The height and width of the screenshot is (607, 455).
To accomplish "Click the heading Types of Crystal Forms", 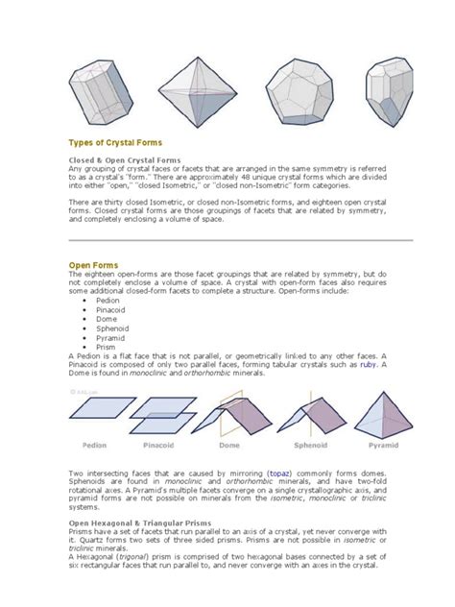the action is pos(113,141).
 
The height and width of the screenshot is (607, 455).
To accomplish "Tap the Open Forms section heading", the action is pos(92,264).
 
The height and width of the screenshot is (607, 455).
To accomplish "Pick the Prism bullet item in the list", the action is pos(106,347).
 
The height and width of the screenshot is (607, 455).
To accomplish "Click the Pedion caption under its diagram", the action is pos(97,446).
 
